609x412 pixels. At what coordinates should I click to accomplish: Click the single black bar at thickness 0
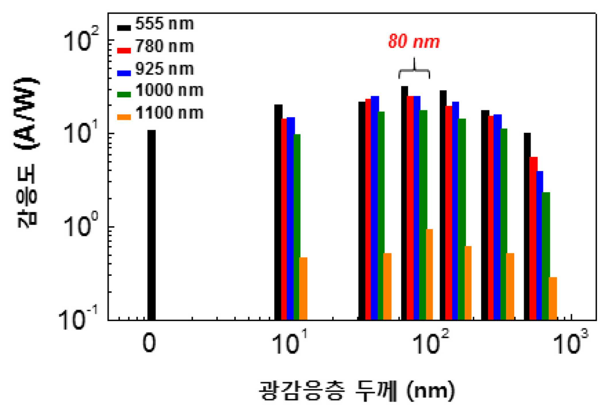151,225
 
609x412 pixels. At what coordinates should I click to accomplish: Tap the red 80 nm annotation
414,41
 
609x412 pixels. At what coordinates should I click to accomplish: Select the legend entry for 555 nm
155,24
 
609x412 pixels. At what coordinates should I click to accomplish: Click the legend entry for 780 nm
155,47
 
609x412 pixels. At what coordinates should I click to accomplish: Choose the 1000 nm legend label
169,90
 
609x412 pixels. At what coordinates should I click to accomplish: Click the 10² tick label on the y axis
81,40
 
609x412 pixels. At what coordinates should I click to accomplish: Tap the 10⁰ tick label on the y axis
81,226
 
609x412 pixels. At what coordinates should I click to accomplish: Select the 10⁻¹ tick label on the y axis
78,319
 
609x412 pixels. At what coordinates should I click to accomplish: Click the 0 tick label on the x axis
149,343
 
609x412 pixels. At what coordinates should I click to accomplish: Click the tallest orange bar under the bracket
429,275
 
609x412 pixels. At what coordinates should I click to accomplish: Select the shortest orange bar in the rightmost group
553,299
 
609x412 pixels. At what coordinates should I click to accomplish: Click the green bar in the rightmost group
546,256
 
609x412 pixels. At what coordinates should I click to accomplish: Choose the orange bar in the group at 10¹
303,289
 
